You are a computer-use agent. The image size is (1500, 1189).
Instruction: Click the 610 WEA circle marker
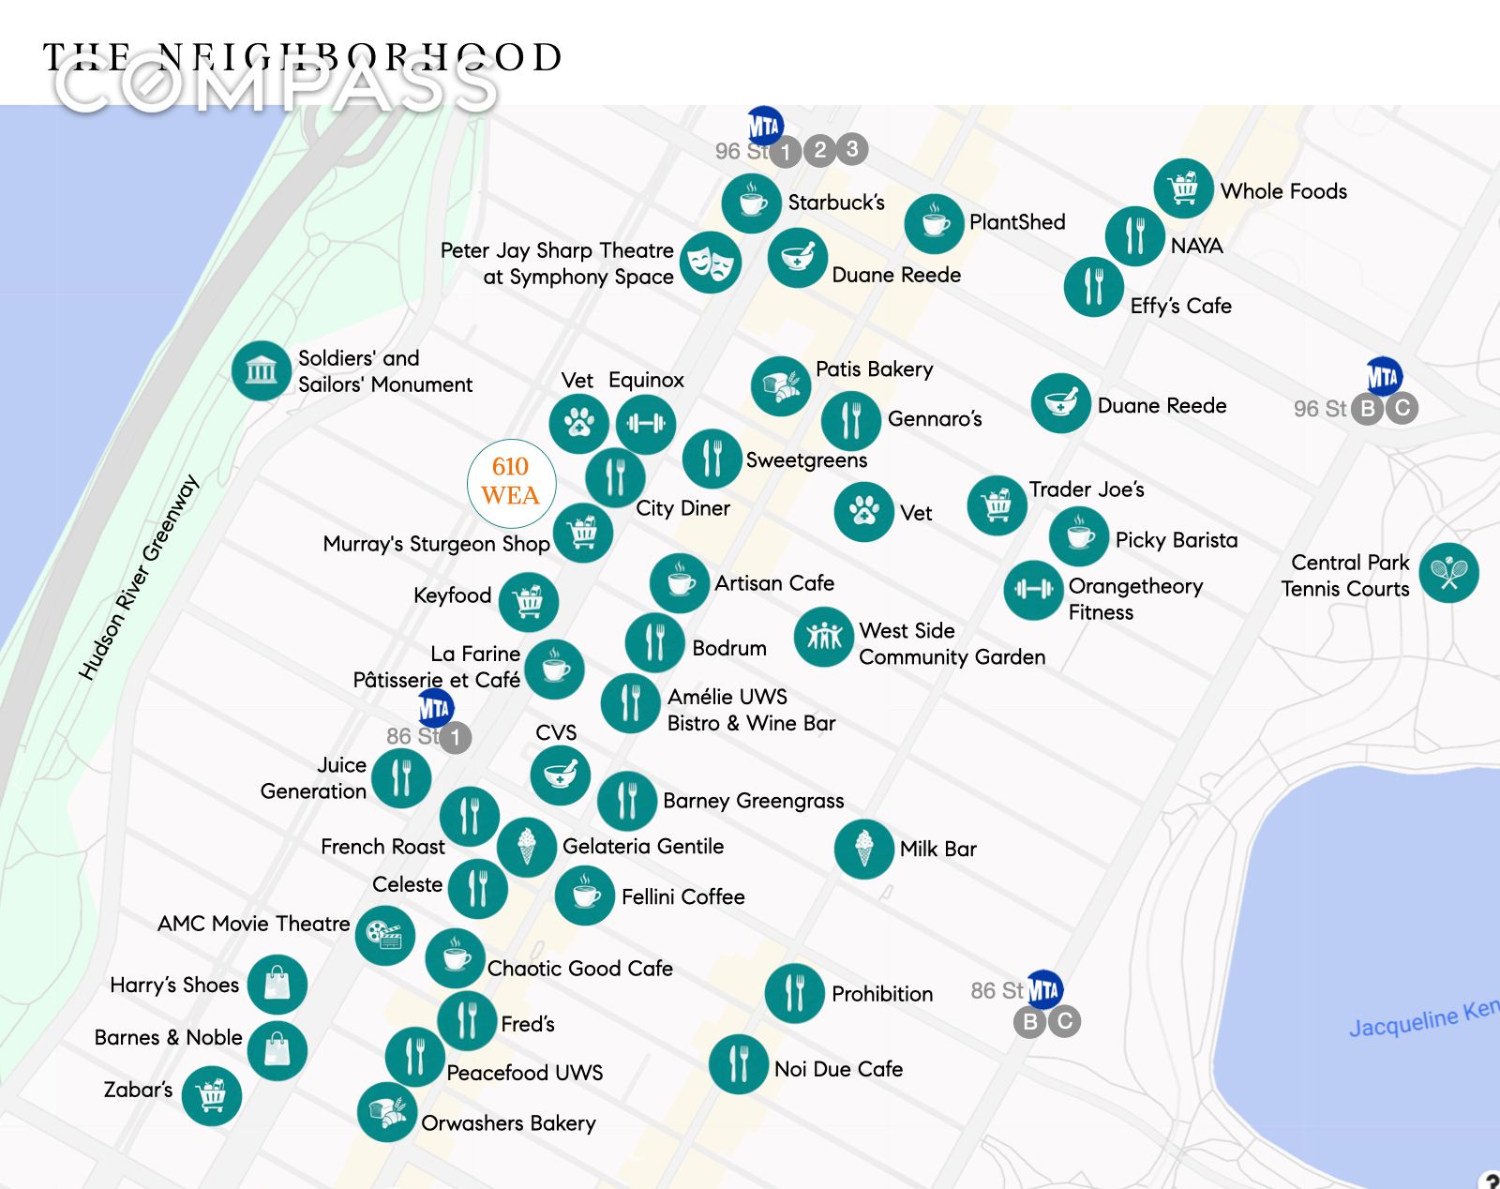click(511, 483)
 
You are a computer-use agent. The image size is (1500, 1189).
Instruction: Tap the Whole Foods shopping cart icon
click(1183, 188)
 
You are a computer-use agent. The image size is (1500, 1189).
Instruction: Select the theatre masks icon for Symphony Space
click(711, 263)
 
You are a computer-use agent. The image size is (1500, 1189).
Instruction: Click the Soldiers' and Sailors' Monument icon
click(262, 370)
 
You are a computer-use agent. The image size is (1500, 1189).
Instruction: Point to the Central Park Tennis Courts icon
click(1448, 573)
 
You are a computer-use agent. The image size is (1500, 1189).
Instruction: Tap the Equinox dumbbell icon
click(646, 424)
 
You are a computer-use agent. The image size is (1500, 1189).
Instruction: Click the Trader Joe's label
click(1087, 489)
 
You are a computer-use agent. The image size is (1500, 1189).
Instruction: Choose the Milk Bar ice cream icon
click(863, 849)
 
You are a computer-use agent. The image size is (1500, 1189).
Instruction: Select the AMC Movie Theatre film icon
click(385, 935)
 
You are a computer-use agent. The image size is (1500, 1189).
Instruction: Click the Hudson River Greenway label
click(139, 577)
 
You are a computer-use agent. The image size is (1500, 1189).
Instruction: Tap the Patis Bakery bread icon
click(780, 385)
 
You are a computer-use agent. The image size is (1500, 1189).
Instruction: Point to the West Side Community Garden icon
click(823, 638)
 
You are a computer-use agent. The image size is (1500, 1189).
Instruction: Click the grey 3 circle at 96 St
click(851, 148)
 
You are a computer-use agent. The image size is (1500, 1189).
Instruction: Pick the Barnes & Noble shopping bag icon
click(277, 1050)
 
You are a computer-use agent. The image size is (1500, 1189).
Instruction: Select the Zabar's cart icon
click(212, 1095)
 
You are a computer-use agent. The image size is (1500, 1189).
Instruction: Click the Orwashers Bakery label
click(508, 1123)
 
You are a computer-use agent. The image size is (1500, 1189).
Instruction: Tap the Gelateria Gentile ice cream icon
click(527, 847)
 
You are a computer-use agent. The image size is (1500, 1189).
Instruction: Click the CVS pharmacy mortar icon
click(560, 775)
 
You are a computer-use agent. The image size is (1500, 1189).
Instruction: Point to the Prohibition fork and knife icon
click(794, 993)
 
